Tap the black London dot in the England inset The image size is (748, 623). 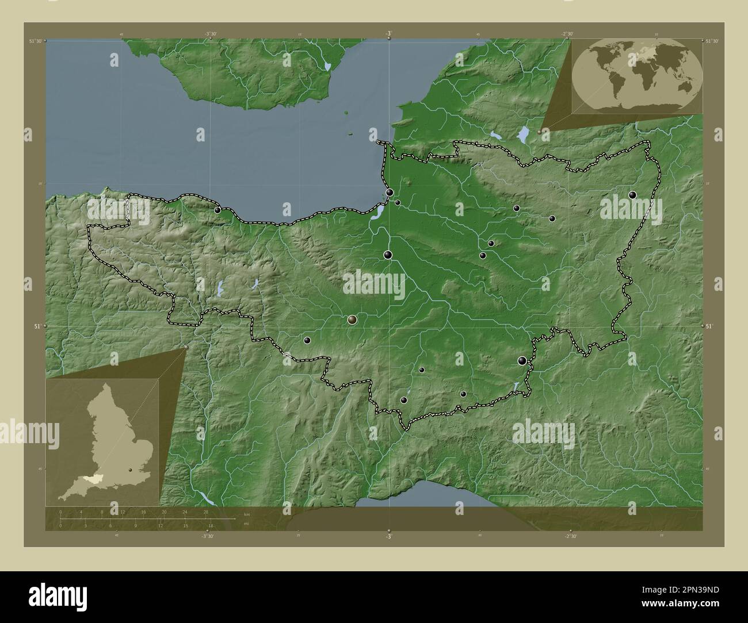point(132,470)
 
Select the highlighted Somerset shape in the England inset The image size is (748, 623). point(90,478)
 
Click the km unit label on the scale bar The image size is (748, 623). point(247,513)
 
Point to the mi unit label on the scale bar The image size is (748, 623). point(247,524)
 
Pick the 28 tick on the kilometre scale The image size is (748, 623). point(205,512)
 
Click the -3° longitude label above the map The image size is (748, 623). point(389,33)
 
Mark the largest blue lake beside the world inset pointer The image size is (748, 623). point(523,134)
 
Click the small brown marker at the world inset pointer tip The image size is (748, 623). point(539,132)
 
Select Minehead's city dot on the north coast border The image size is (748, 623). point(217,210)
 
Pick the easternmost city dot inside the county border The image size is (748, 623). point(633,195)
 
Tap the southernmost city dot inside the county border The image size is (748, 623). point(404,401)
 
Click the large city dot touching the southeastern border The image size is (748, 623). point(522,361)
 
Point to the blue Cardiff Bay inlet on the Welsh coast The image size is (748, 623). point(328,66)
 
